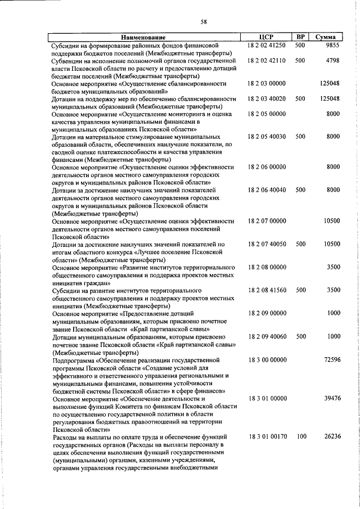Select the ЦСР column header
point(267,37)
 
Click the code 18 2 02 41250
point(267,45)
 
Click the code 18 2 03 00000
point(267,83)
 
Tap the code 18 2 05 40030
point(267,137)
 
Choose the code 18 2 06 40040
point(267,190)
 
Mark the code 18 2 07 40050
point(267,244)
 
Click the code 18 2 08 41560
point(267,290)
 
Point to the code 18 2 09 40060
point(267,336)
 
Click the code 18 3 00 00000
point(267,359)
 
